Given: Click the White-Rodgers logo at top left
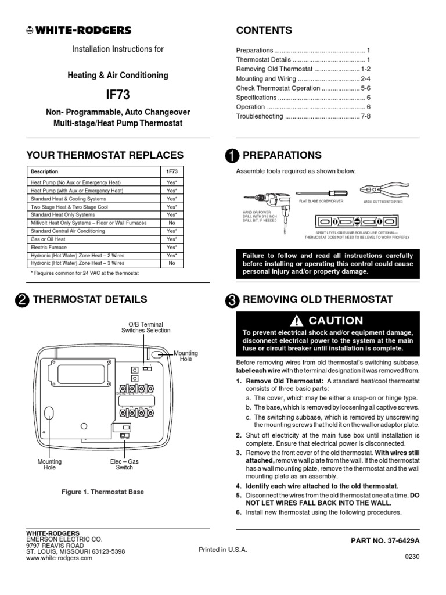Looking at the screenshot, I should [79, 31].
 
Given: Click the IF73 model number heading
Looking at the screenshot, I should [118, 95].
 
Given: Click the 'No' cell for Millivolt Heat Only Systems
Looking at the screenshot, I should [171, 223].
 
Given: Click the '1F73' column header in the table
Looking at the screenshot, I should [171, 172].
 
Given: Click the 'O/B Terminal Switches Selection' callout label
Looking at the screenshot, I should [146, 327].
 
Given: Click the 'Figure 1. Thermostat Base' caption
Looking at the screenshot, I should [102, 492].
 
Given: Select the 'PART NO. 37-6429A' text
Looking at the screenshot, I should [384, 540].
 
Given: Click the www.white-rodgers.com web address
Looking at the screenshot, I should [59, 558].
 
